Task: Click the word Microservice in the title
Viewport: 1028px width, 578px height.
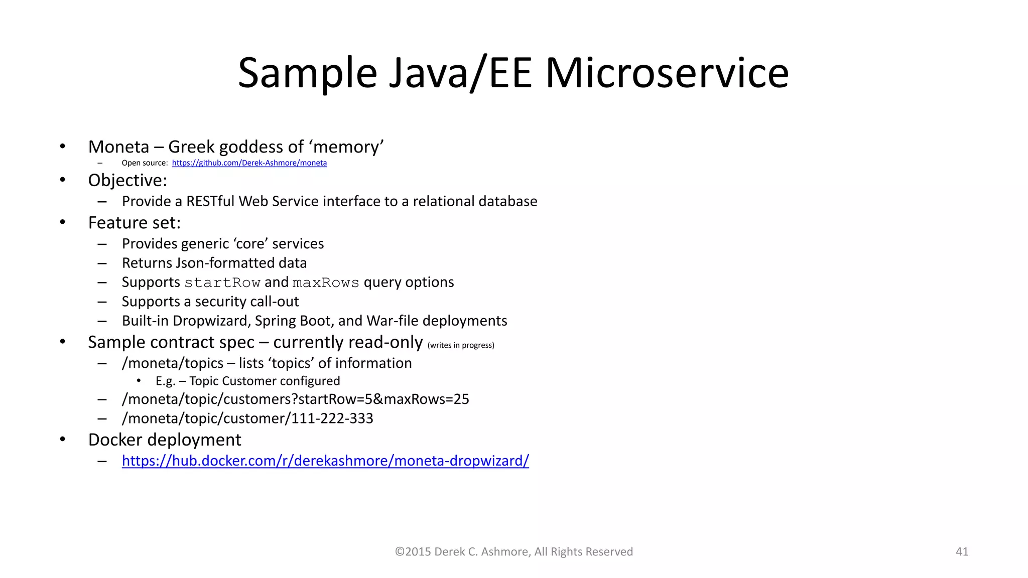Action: [x=667, y=73]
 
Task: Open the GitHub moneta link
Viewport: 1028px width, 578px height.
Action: [x=249, y=163]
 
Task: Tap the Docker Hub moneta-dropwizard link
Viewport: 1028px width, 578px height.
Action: [x=325, y=461]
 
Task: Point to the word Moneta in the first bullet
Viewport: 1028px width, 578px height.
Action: [x=119, y=147]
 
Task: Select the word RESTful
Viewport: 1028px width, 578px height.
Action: [x=210, y=201]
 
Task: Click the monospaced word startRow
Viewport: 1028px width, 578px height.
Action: [x=222, y=283]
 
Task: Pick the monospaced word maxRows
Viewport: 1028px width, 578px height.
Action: [x=326, y=283]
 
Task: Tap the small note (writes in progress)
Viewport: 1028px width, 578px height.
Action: [x=461, y=345]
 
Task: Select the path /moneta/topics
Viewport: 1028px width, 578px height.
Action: [x=173, y=363]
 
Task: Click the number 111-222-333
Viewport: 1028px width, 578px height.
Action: [x=332, y=418]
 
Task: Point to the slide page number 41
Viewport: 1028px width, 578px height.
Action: [x=962, y=552]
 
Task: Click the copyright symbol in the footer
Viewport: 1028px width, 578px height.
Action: [x=400, y=552]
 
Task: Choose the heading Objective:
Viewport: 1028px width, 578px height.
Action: [x=127, y=181]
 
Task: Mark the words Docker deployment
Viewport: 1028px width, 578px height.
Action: [x=165, y=440]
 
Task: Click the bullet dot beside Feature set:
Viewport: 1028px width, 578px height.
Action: [x=63, y=222]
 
